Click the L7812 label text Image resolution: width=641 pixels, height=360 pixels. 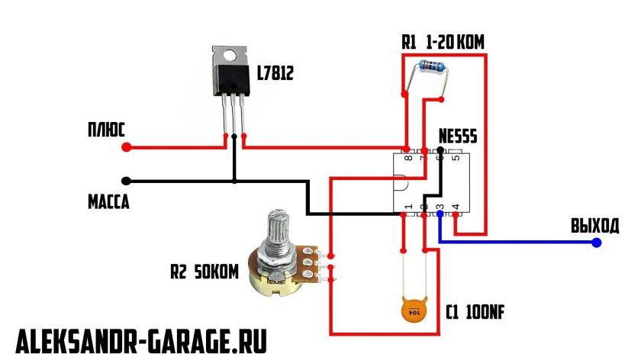tap(275, 74)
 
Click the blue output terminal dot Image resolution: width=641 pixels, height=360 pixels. tap(597, 243)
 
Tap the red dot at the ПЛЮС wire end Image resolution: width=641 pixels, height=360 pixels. tap(127, 146)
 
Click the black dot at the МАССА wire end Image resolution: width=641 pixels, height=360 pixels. tap(126, 181)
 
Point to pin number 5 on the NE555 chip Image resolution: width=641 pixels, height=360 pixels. tap(456, 159)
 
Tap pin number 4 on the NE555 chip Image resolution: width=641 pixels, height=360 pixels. tap(456, 207)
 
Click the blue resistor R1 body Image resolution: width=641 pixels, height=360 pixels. tap(428, 71)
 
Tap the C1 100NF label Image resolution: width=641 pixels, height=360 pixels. tap(476, 313)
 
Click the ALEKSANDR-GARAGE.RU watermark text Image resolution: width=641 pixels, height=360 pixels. tap(142, 340)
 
